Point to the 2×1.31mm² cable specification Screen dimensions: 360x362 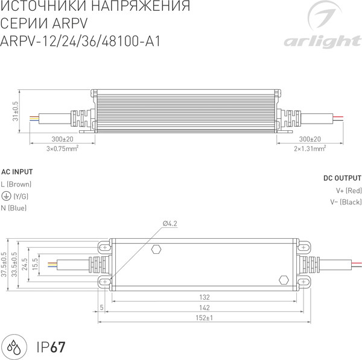(310, 148)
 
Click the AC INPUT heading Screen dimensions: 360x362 (17, 171)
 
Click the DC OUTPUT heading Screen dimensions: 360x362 (342, 178)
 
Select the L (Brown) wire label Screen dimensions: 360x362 (16, 184)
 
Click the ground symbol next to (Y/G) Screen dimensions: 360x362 (5, 196)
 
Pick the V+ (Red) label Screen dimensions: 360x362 (348, 191)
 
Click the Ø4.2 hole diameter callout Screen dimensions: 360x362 (170, 224)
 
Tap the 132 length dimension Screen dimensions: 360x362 (205, 297)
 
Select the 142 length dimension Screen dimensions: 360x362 (205, 307)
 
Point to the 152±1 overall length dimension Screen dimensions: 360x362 (205, 318)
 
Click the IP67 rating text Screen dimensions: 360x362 (51, 347)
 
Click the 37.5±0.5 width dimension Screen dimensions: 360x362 (4, 264)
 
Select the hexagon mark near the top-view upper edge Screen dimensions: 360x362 (157, 248)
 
